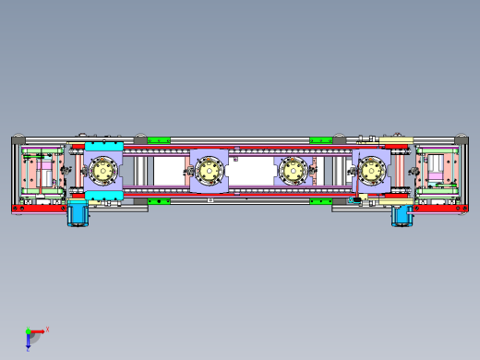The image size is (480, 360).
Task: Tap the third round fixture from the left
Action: point(293,170)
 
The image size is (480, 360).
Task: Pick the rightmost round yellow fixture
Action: point(371,170)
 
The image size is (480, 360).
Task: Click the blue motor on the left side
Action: point(78,214)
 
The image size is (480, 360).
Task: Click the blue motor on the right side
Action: point(402,214)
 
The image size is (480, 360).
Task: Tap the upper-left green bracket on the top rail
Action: point(159,138)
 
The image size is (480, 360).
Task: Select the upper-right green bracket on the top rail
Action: point(320,138)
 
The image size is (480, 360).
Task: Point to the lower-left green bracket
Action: point(159,200)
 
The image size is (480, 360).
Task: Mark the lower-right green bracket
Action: point(320,200)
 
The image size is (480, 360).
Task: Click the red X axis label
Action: point(47,329)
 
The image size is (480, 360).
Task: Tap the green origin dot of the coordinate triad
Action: point(28,331)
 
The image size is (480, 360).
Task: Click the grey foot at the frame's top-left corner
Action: point(18,138)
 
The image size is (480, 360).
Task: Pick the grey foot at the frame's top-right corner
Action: point(461,138)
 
